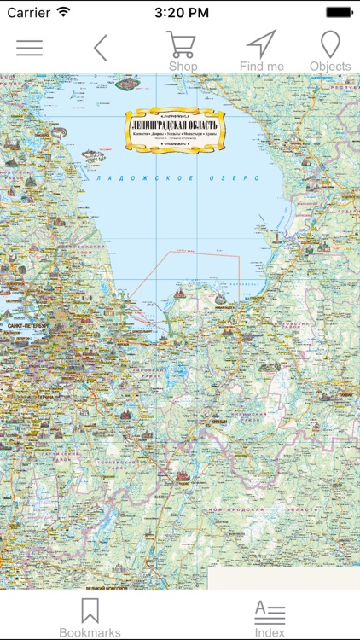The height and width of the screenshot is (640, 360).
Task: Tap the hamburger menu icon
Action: pos(29,48)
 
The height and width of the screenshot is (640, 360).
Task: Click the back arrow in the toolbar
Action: pos(101,48)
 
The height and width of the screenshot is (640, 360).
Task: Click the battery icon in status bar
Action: pos(339,12)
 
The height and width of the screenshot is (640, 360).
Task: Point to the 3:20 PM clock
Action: pos(180,12)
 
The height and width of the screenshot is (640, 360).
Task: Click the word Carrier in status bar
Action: pos(28,12)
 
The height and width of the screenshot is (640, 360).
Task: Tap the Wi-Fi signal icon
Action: pos(64,12)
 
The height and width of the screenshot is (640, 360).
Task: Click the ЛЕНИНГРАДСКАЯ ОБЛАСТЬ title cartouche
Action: pos(175,131)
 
